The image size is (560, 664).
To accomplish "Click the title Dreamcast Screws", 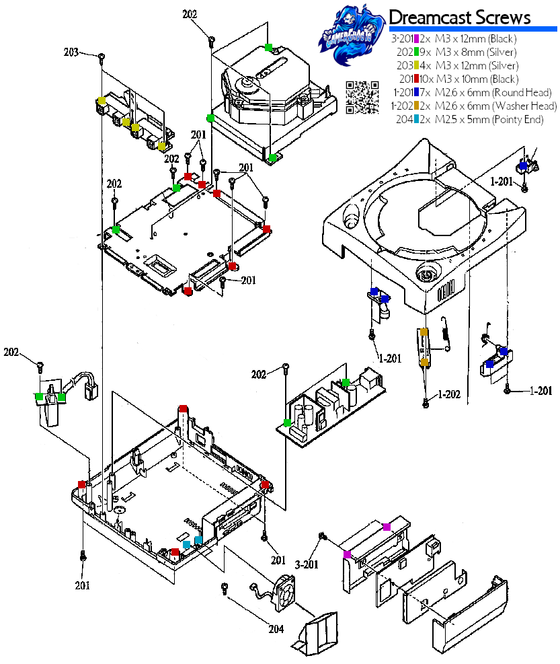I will coord(460,17).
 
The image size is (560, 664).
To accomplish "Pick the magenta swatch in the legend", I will coord(417,38).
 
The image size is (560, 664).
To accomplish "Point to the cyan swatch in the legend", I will coord(417,119).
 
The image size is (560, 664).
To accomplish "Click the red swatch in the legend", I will coord(417,79).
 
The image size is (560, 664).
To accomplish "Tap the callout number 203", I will coord(71,52).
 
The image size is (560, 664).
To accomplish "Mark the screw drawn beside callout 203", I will coord(101,57).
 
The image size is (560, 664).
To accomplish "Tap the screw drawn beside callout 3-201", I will coord(323,536).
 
